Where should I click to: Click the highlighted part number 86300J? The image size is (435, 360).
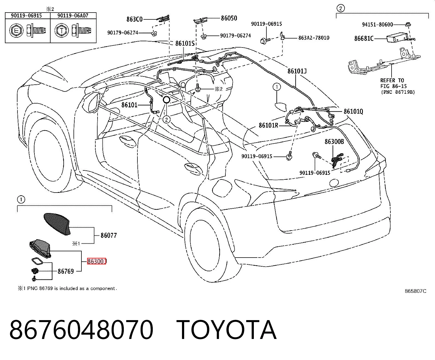click(97, 261)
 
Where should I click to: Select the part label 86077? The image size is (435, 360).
click(108, 235)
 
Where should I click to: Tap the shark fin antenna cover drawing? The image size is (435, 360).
click(57, 224)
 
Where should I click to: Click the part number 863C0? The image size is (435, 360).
click(134, 19)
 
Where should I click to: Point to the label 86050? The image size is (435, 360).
click(229, 18)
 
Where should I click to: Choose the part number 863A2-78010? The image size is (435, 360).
click(314, 38)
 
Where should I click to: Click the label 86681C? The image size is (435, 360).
click(364, 39)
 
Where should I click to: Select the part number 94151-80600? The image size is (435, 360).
click(377, 25)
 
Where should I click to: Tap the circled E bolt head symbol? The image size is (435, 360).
click(16, 31)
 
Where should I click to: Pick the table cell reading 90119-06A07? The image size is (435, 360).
click(73, 16)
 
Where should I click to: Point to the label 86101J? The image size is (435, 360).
click(297, 71)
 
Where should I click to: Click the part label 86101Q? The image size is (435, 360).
click(353, 111)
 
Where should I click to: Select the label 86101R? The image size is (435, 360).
click(268, 125)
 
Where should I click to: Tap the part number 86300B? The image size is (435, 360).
click(334, 142)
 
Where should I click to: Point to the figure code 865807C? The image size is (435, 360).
click(415, 291)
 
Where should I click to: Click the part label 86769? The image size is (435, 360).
click(66, 271)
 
